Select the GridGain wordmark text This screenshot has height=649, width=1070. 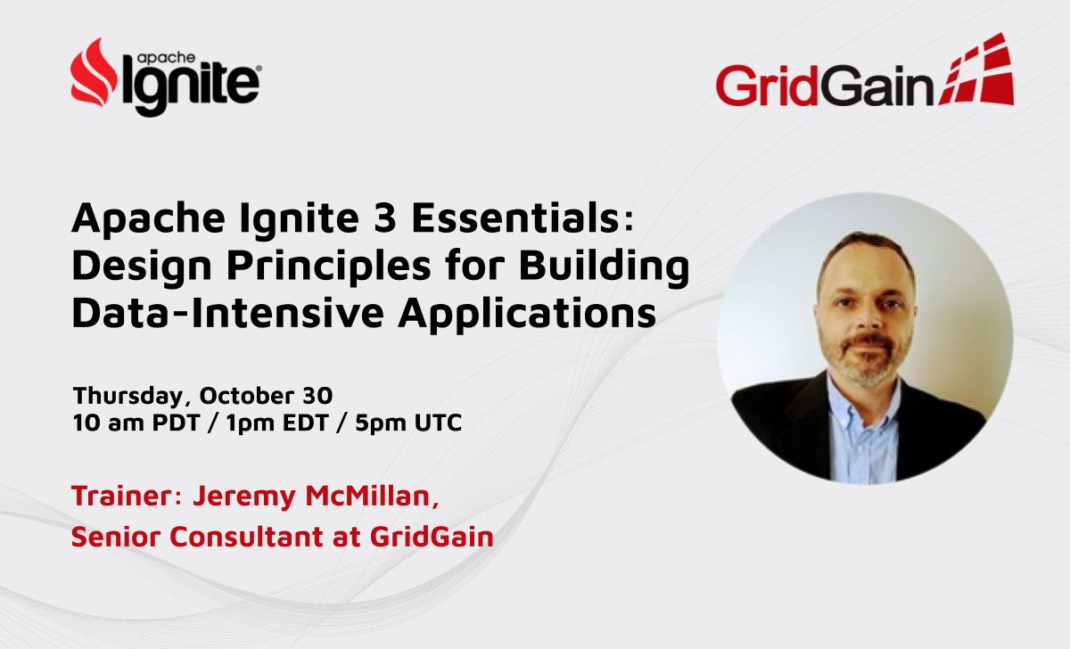click(824, 86)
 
